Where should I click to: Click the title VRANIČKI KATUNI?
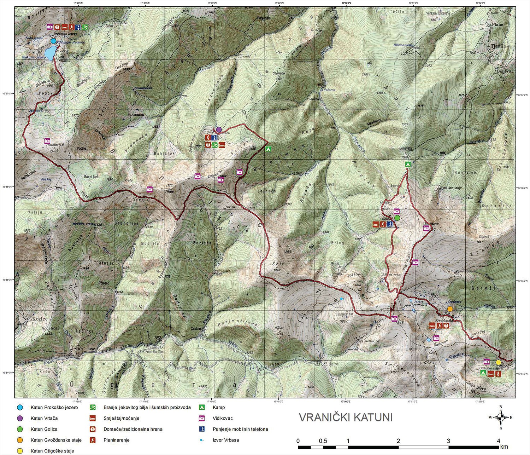tap(346, 417)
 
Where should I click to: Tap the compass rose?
tap(501, 417)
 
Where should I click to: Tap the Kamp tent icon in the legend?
tap(202, 407)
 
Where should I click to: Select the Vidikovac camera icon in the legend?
tap(202, 418)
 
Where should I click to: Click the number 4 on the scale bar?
tap(499, 441)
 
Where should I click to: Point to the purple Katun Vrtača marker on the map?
tap(219, 129)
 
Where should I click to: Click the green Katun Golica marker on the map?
tap(397, 218)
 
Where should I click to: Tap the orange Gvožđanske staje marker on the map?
tap(450, 309)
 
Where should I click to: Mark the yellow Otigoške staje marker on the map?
tap(498, 362)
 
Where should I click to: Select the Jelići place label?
tap(77, 349)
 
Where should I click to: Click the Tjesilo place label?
tap(499, 46)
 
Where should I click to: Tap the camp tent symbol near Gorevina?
tap(408, 164)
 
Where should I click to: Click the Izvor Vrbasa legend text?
tap(225, 440)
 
